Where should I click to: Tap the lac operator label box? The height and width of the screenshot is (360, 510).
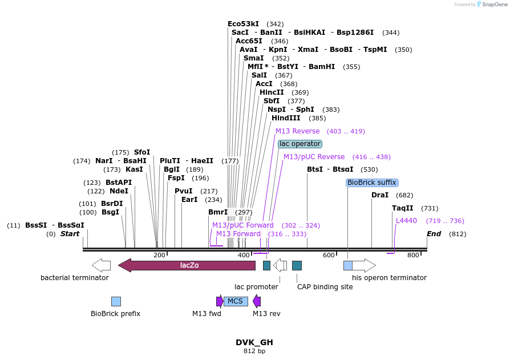pyautogui.click(x=300, y=144)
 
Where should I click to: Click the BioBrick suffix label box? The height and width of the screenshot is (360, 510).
pyautogui.click(x=372, y=183)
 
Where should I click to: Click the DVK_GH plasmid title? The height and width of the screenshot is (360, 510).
pyautogui.click(x=254, y=342)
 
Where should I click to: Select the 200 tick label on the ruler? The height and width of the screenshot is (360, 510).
pyautogui.click(x=159, y=255)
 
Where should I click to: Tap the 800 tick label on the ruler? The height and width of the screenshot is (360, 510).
pyautogui.click(x=413, y=255)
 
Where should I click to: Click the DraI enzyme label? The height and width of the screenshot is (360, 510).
pyautogui.click(x=380, y=195)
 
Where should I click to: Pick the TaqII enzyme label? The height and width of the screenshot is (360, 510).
pyautogui.click(x=403, y=208)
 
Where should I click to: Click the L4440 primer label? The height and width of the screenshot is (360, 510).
pyautogui.click(x=407, y=221)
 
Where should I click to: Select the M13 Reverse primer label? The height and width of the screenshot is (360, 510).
pyautogui.click(x=298, y=131)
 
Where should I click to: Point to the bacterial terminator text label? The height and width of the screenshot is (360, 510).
pyautogui.click(x=74, y=278)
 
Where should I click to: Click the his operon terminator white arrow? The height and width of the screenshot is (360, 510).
pyautogui.click(x=363, y=265)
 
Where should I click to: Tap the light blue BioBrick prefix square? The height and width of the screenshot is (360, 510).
pyautogui.click(x=116, y=301)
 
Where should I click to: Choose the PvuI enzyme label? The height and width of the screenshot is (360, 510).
pyautogui.click(x=184, y=191)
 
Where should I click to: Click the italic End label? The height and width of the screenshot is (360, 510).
pyautogui.click(x=434, y=234)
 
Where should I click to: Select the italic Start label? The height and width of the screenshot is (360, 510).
pyautogui.click(x=70, y=234)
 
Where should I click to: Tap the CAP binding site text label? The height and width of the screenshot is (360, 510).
pyautogui.click(x=325, y=287)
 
